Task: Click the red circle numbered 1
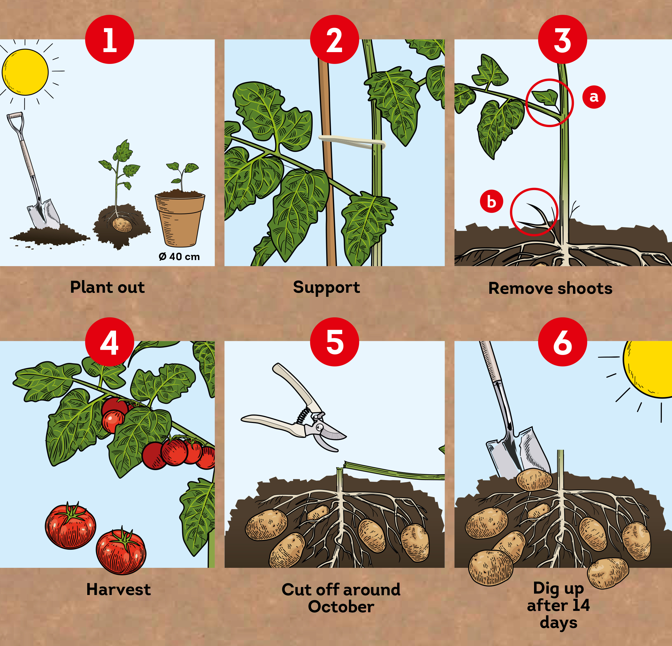coord(109,40)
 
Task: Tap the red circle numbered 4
coord(109,342)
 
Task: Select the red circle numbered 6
coord(562,342)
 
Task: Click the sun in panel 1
coord(25,72)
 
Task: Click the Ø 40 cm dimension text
coord(179,256)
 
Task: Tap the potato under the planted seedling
coord(122,225)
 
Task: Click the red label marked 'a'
coord(594,97)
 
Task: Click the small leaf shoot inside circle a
coord(546,97)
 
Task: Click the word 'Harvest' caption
coord(118,589)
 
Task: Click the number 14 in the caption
coord(580,605)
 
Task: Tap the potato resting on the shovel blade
coord(534,480)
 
